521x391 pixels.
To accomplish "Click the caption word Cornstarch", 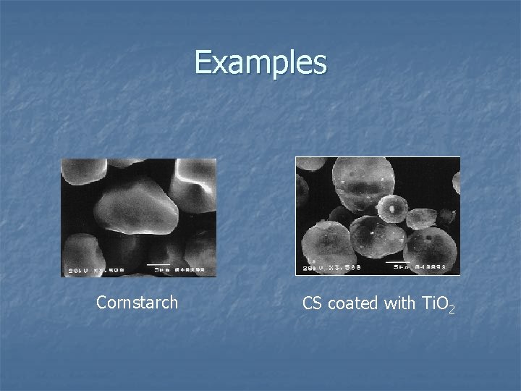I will point(137,303).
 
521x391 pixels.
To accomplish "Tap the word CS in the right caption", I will point(312,303).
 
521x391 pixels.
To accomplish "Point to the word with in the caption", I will point(399,303).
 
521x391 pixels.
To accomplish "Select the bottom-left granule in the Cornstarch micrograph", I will point(80,250).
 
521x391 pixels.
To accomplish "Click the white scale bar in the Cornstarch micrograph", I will point(159,264).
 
